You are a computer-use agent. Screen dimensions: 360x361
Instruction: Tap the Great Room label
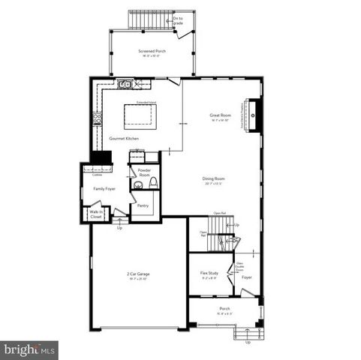pos(219,115)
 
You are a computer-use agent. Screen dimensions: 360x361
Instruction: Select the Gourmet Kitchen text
pos(124,139)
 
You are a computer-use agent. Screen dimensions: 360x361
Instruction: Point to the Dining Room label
pos(213,178)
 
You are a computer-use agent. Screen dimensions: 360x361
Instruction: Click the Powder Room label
pos(144,172)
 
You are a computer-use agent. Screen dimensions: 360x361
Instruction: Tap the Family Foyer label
pos(104,189)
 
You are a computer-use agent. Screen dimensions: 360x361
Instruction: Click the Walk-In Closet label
pos(96,214)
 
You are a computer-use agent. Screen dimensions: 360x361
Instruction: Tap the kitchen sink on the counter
pos(125,85)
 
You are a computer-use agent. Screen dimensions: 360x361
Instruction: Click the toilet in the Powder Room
pos(152,184)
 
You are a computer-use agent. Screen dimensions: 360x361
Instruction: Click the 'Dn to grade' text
pos(178,20)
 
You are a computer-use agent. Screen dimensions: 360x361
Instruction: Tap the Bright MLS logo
pos(30,349)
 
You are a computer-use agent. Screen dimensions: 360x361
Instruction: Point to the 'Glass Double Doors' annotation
pos(240,265)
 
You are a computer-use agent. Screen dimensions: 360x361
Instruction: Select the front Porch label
pos(224,310)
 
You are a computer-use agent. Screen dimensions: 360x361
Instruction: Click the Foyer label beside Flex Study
pos(246,277)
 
